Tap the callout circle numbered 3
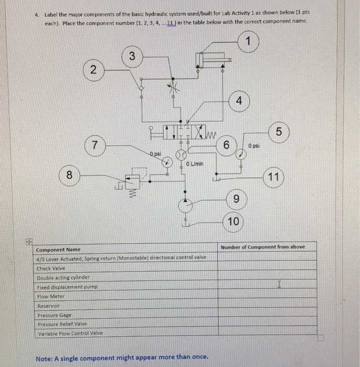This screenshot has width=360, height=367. coord(132,56)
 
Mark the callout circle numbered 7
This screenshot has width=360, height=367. coord(94,144)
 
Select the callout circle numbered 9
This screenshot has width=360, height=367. coord(236,199)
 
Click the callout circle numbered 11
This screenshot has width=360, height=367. coord(273,177)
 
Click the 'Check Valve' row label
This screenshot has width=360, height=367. coord(50,268)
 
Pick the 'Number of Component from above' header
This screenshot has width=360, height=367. coord(262,247)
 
